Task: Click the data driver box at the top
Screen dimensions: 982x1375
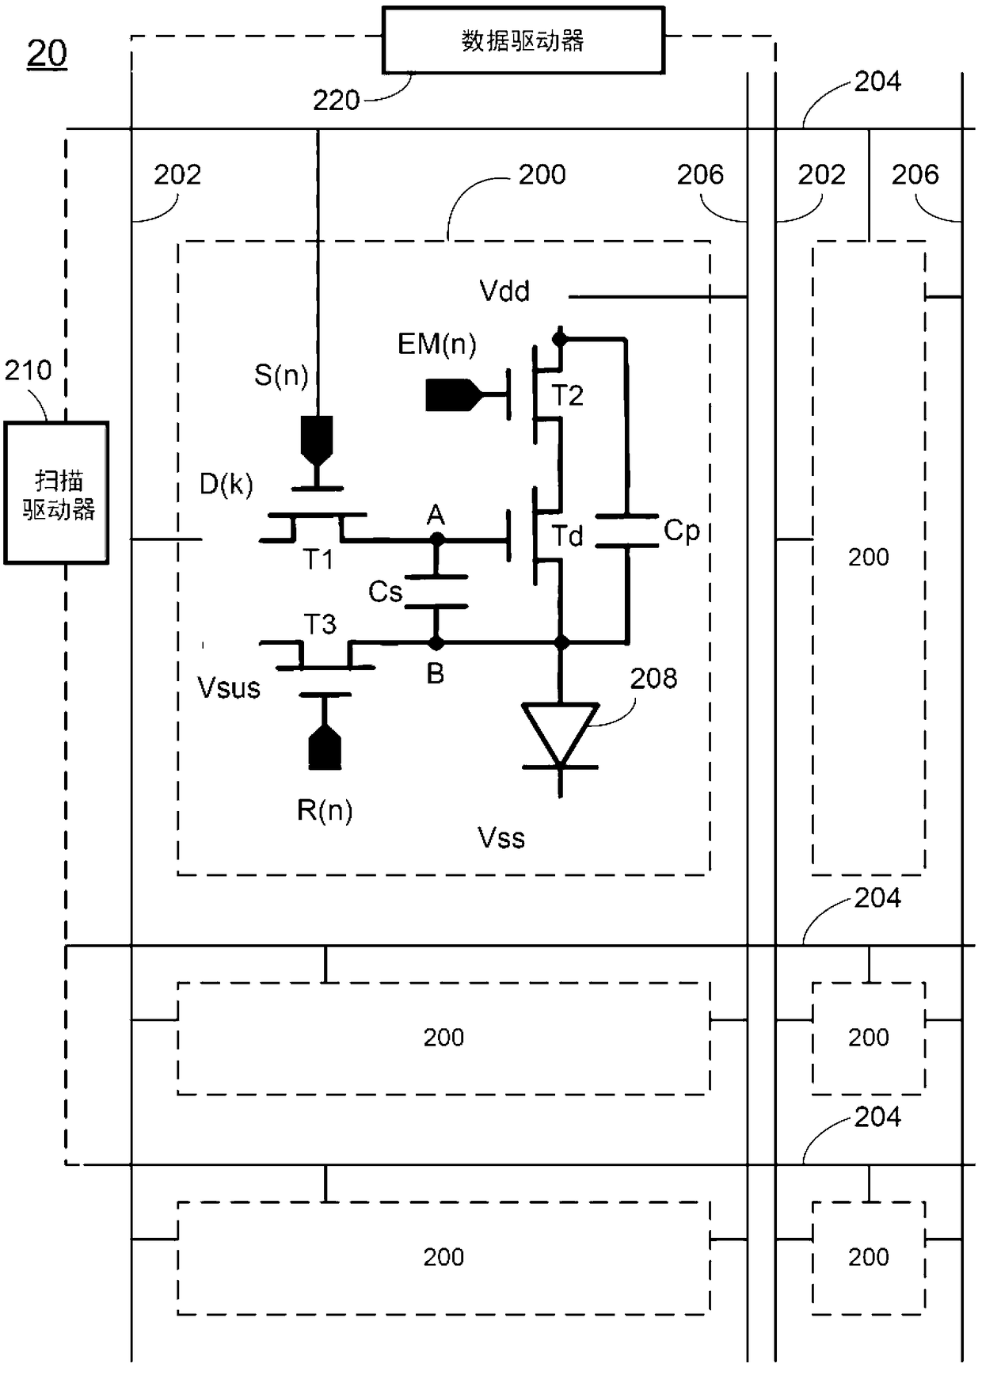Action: coord(523,40)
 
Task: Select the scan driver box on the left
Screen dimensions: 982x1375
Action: coord(56,493)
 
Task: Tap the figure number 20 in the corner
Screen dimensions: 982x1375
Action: coord(47,54)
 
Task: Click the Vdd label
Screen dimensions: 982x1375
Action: coord(504,291)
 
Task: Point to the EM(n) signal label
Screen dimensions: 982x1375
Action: coord(437,345)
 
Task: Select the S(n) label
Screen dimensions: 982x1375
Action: coord(281,375)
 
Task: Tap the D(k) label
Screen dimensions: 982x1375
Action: coord(226,483)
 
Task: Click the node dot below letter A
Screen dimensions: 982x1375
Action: coord(436,540)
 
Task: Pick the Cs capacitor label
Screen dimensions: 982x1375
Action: coord(386,592)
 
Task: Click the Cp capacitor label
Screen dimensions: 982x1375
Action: coord(682,531)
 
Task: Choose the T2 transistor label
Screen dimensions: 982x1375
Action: coord(568,395)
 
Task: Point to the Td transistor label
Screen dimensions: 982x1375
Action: coord(568,536)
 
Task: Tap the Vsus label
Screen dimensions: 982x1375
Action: coord(229,687)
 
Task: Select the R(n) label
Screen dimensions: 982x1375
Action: coord(325,810)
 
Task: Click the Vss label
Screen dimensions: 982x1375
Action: coord(501,838)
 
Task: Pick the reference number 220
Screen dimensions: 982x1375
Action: coord(337,101)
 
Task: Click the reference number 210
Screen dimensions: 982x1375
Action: coord(29,370)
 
